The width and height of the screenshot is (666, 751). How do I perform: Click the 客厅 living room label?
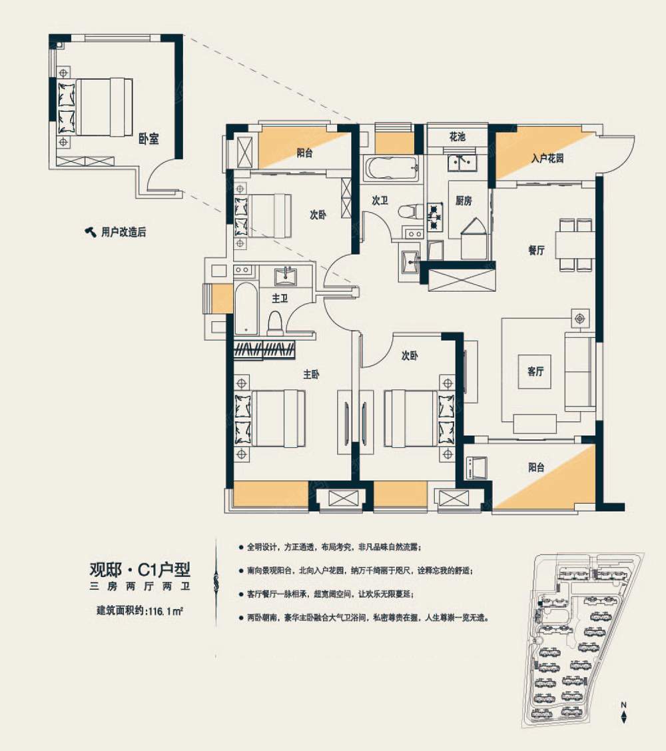click(535, 371)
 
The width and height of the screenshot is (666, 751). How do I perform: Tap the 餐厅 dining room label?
click(536, 250)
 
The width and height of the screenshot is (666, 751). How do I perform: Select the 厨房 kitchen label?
click(464, 201)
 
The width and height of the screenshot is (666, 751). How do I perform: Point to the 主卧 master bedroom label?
click(311, 374)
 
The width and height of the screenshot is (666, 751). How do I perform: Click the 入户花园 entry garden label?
click(547, 158)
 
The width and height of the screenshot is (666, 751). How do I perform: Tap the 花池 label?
click(458, 137)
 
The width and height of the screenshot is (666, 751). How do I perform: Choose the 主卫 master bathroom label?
click(280, 299)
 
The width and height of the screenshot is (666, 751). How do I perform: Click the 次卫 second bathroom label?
click(380, 201)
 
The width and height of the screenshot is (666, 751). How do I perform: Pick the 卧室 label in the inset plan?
click(149, 139)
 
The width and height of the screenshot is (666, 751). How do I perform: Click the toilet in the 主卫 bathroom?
click(275, 323)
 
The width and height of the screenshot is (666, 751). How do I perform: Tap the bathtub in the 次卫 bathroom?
click(392, 169)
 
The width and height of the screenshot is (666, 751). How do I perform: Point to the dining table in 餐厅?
click(575, 245)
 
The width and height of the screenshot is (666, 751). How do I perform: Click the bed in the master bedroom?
click(270, 418)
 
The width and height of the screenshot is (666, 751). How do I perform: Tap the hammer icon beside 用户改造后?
click(91, 232)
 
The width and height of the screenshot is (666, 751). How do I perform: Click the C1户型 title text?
click(164, 570)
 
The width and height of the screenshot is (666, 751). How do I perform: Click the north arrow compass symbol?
click(623, 712)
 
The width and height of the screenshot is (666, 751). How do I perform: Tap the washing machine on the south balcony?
click(476, 468)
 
